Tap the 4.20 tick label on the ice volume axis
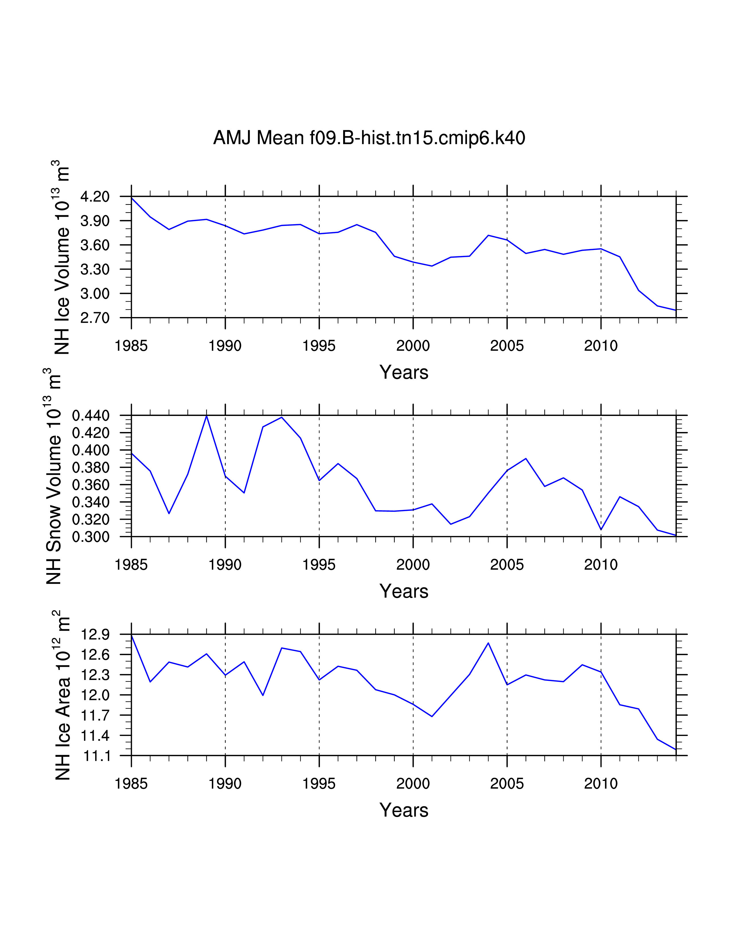(95, 197)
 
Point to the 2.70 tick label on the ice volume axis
(95, 318)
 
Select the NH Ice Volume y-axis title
(62, 257)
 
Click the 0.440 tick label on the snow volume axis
(91, 416)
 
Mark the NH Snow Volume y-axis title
(53, 476)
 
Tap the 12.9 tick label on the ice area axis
(95, 635)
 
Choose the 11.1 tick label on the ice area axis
(95, 756)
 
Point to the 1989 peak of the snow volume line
(207, 416)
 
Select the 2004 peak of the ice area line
(488, 643)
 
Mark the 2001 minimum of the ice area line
(432, 716)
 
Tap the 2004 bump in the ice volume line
(488, 235)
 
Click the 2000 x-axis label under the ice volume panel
(413, 346)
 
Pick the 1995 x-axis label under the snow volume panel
(319, 565)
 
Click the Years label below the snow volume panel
(404, 591)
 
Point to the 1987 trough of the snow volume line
(169, 513)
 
